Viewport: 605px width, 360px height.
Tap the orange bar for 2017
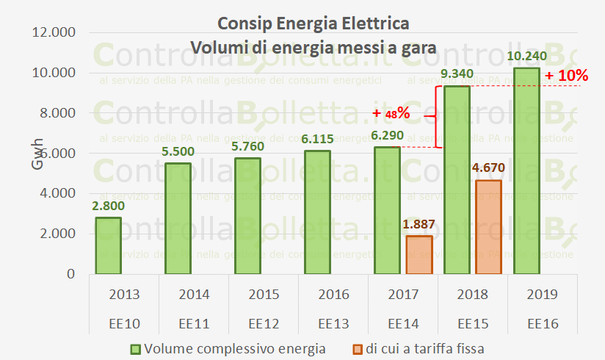coord(419,254)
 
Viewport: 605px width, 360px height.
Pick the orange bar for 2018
coord(488,227)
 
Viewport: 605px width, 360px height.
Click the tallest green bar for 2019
coord(526,170)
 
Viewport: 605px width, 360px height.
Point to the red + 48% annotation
coord(391,113)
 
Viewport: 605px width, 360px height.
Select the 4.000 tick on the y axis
coord(55,193)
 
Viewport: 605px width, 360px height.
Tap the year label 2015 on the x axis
coord(263,295)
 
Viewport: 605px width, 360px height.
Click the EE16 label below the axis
coord(542,323)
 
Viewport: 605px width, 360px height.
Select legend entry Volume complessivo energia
coord(228,348)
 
